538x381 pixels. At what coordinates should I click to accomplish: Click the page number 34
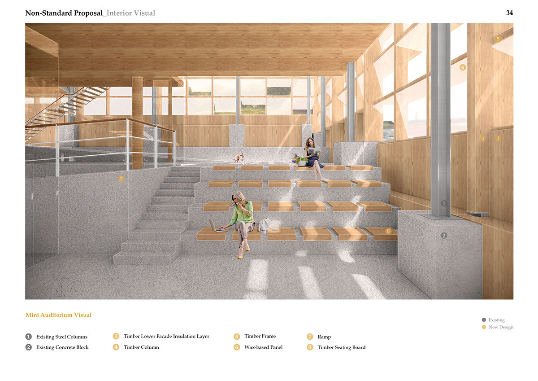point(509,13)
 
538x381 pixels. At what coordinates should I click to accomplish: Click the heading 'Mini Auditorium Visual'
point(59,315)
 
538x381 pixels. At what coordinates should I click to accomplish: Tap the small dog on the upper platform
point(239,158)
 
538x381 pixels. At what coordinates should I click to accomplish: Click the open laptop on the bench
point(217,226)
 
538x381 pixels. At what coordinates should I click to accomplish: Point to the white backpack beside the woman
point(265,224)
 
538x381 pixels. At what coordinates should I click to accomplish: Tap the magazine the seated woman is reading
point(314,150)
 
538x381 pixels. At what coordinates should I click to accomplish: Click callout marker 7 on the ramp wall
point(121,179)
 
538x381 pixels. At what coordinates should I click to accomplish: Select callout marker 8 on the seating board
point(388,231)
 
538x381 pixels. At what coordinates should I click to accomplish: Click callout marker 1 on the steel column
point(444,203)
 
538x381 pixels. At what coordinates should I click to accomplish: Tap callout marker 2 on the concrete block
point(444,235)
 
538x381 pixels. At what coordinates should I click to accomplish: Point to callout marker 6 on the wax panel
point(463,68)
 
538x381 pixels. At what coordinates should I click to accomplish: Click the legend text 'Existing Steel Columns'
point(62,337)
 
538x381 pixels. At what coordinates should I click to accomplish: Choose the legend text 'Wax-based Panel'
point(264,347)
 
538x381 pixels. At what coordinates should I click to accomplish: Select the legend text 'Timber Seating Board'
point(342,347)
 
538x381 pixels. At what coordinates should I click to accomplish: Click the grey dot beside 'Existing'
point(484,320)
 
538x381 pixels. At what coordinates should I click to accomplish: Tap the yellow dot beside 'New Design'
point(484,327)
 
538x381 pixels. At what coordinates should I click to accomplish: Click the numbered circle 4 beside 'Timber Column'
point(116,347)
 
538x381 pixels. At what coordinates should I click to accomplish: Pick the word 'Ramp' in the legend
point(324,337)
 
